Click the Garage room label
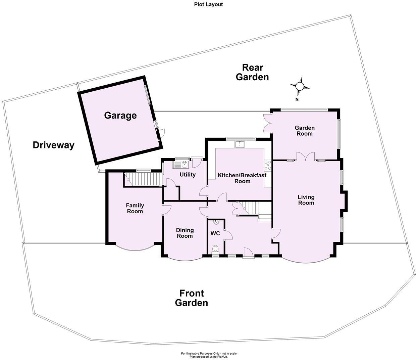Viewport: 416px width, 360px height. pyautogui.click(x=120, y=116)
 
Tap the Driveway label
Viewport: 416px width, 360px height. pyautogui.click(x=53, y=145)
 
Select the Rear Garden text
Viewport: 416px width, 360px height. pyautogui.click(x=252, y=72)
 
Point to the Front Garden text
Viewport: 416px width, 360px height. pyautogui.click(x=192, y=298)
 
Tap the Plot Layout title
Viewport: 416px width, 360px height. pyautogui.click(x=208, y=4)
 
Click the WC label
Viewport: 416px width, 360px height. pyautogui.click(x=215, y=233)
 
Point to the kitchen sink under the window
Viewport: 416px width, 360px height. pyautogui.click(x=240, y=144)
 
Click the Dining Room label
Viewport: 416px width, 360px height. pyautogui.click(x=185, y=233)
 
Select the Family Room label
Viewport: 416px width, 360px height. pyautogui.click(x=135, y=208)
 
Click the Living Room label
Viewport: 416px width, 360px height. pyautogui.click(x=306, y=200)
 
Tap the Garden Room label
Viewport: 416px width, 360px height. pyautogui.click(x=304, y=131)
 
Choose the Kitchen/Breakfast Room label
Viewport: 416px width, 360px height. pyautogui.click(x=242, y=178)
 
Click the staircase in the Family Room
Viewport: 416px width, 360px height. pyautogui.click(x=143, y=179)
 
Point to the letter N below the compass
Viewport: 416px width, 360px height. pyautogui.click(x=297, y=99)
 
